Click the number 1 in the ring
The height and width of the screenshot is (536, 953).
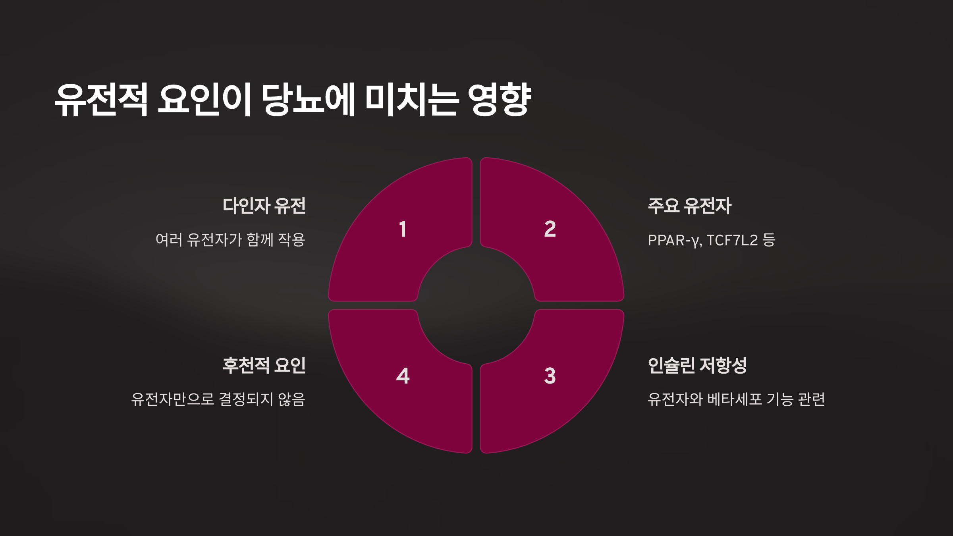[x=403, y=229]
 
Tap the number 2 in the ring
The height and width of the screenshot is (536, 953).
[x=550, y=229]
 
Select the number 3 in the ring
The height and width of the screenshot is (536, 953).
[x=550, y=376]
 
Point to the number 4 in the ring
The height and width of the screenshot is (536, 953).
[x=403, y=376]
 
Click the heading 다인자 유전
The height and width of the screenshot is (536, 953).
[x=264, y=206]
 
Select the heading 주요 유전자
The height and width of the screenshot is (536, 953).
[x=690, y=206]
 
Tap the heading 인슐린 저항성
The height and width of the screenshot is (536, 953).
[x=697, y=365]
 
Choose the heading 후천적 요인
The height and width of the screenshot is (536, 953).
[x=264, y=365]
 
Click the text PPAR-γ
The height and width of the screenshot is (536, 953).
[x=673, y=240]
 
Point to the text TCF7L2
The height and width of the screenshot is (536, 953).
[x=732, y=240]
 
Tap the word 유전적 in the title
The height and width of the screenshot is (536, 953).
[x=101, y=99]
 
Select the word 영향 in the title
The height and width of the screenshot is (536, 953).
[x=500, y=99]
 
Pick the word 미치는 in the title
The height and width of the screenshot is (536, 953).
[x=412, y=99]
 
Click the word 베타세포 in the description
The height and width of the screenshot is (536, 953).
[x=735, y=399]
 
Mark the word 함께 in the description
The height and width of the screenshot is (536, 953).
[x=260, y=240]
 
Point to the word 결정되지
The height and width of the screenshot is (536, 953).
[x=246, y=399]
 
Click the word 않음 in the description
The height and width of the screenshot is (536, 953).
[x=291, y=399]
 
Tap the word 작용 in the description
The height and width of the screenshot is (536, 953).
[x=291, y=240]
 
